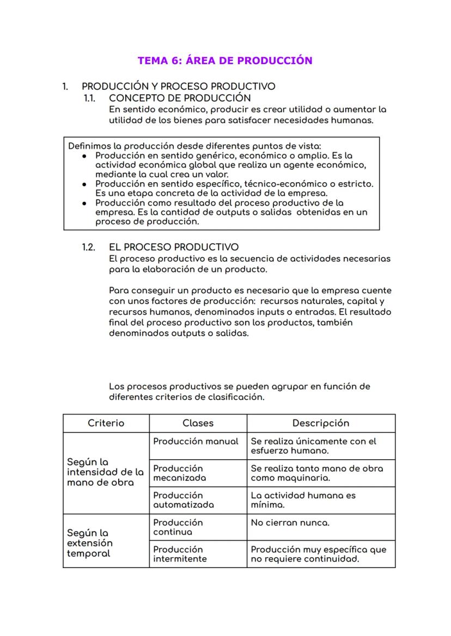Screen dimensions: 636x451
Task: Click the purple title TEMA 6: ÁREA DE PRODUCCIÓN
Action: tap(225, 60)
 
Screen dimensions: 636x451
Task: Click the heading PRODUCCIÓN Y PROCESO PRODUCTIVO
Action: tap(178, 86)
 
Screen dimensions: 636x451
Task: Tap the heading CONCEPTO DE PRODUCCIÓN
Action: tap(180, 98)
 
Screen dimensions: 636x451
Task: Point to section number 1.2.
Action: tap(89, 248)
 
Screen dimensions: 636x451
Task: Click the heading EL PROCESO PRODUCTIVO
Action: tap(173, 248)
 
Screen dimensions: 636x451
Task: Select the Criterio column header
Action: tap(106, 423)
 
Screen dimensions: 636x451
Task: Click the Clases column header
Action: tap(198, 423)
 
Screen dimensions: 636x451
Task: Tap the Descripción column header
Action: tap(320, 423)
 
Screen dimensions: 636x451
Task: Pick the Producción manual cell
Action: tap(196, 441)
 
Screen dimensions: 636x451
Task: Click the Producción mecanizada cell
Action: tap(180, 473)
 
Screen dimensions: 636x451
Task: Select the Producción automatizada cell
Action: tap(184, 500)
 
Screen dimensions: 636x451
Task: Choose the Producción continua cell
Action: tap(178, 527)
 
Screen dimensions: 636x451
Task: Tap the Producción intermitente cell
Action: tap(180, 554)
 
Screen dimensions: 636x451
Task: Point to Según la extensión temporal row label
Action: tap(90, 543)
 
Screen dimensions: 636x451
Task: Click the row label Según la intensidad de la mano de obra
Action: tap(105, 472)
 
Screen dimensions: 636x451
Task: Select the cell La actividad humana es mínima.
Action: tap(303, 500)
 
